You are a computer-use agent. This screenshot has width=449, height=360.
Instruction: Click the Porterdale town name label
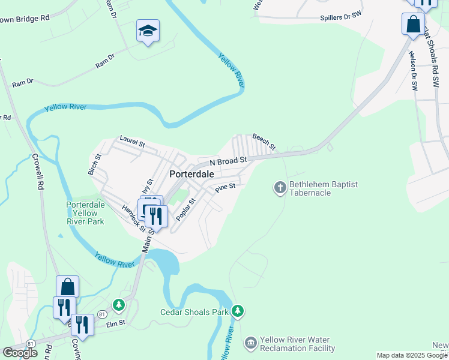[x=192, y=174]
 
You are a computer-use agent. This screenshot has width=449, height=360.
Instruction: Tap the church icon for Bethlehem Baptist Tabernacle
[x=280, y=188]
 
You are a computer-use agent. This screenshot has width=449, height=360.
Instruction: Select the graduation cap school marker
[x=148, y=30]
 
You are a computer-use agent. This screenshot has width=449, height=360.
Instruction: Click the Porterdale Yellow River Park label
[x=85, y=213]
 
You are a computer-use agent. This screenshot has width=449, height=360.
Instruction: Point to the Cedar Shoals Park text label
[x=194, y=312]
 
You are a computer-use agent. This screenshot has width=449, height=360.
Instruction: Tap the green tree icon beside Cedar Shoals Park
[x=239, y=311]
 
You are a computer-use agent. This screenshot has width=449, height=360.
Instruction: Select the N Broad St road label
[x=228, y=161]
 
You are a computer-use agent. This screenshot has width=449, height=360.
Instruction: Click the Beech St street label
[x=264, y=142]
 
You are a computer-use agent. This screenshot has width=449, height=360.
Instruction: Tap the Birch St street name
[x=95, y=164]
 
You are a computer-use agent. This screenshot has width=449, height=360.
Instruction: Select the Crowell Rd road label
[x=39, y=174]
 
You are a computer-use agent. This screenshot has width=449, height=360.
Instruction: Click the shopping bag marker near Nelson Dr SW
[x=413, y=25]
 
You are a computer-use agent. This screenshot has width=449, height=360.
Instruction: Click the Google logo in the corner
[x=20, y=352]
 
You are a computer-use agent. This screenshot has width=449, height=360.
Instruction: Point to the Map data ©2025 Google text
[x=412, y=355]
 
